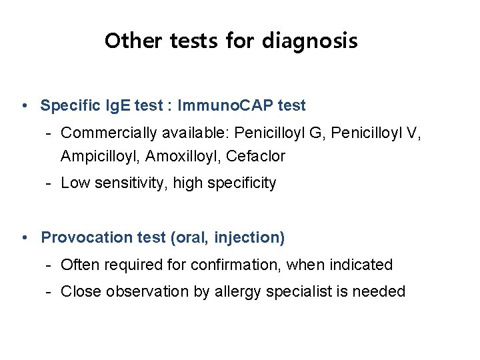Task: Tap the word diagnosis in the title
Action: [x=309, y=41]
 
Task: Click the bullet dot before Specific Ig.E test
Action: [x=24, y=105]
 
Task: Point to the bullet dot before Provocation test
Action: [x=24, y=237]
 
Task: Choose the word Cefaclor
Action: [x=255, y=157]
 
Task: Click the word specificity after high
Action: [x=241, y=183]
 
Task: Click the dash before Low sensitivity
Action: [x=49, y=183]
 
